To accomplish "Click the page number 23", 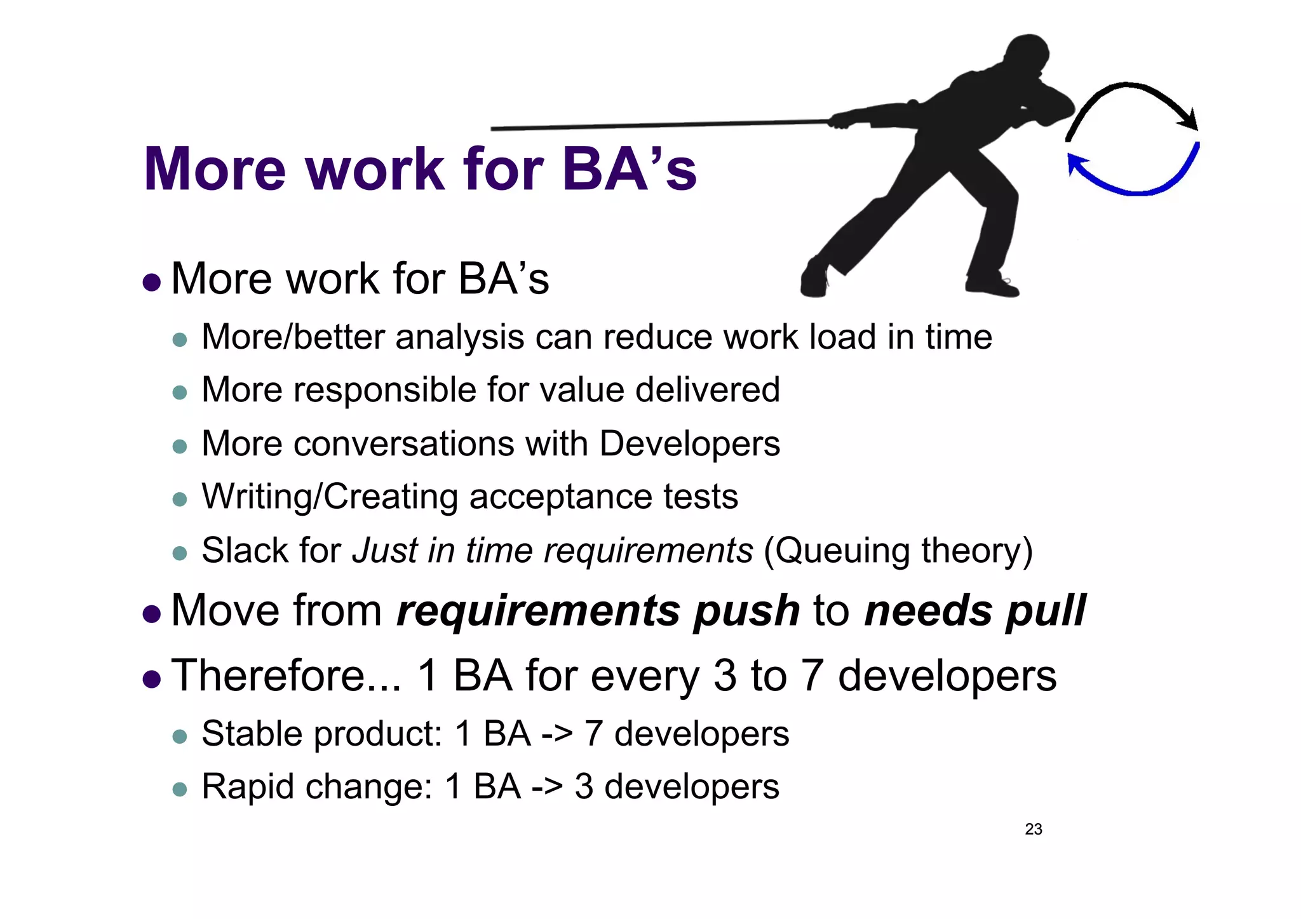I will [1033, 829].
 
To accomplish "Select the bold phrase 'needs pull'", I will [974, 610].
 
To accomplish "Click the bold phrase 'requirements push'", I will [597, 610].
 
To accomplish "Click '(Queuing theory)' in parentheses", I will [898, 550].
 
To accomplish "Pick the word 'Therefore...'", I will [286, 675].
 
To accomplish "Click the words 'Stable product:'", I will [321, 734].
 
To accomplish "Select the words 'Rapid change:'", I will [316, 786].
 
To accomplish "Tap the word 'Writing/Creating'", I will [329, 496].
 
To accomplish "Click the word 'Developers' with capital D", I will [689, 443].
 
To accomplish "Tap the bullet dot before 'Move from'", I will [152, 613].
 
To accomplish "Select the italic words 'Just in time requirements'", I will [553, 550].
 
